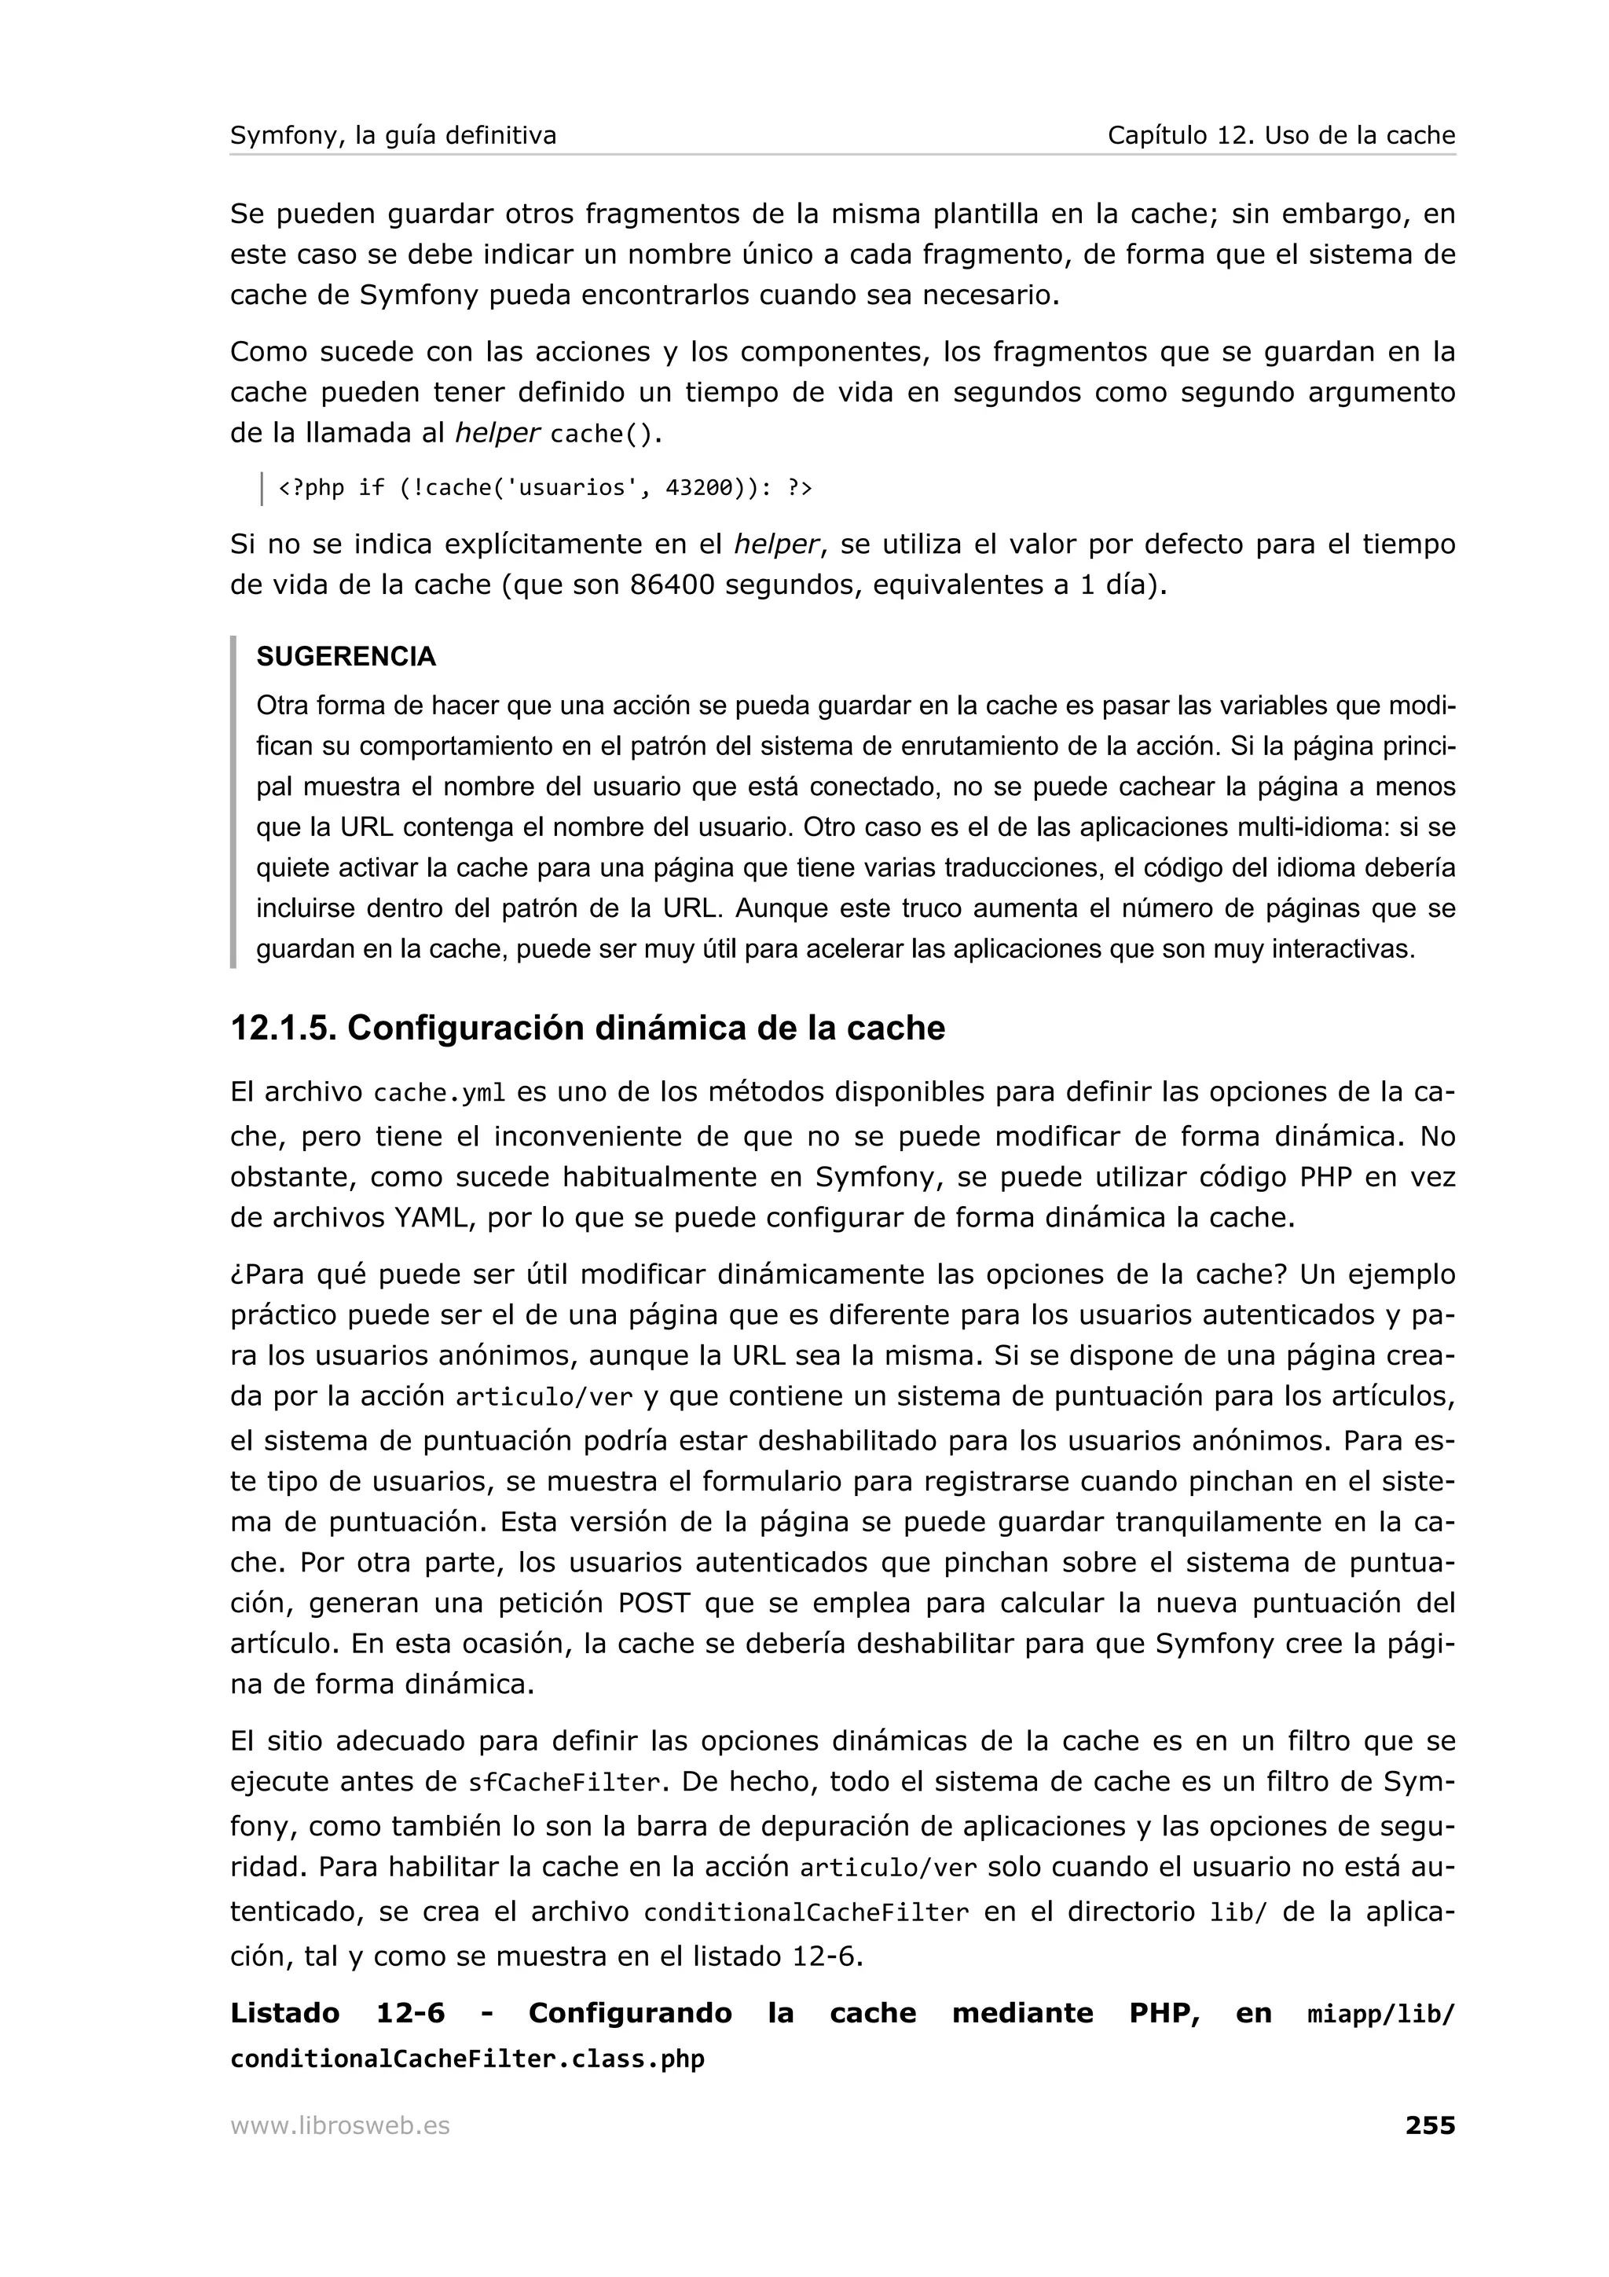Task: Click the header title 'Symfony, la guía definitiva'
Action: coord(393,136)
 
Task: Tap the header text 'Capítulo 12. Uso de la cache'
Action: coord(1281,136)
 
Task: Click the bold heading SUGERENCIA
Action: coord(346,657)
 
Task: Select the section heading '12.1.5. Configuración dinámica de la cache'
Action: coord(587,1028)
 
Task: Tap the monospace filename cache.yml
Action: coord(439,1094)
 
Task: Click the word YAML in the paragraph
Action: coord(432,1218)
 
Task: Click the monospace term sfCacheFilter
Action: coord(563,1783)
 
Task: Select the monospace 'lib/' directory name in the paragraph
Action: coord(1238,1912)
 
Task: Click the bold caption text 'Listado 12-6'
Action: coord(337,2013)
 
